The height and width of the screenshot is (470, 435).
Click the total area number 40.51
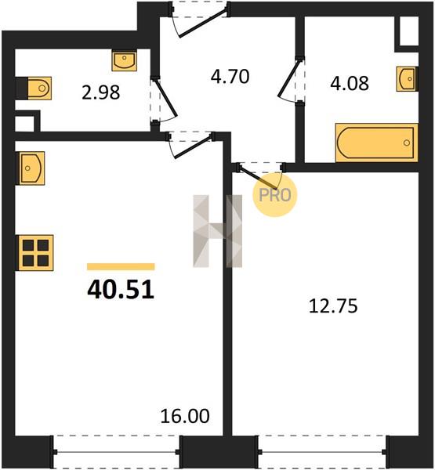(121, 290)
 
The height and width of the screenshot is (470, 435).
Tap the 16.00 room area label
(185, 416)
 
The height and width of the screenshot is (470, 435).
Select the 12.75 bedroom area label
(333, 306)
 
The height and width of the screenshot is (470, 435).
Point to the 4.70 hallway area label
(230, 77)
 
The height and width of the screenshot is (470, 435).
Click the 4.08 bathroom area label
(350, 83)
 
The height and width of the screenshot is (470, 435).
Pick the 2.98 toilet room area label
(101, 92)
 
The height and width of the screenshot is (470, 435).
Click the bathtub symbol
(377, 143)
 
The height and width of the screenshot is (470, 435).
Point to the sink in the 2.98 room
(125, 61)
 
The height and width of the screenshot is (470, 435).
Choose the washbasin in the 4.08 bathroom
(407, 78)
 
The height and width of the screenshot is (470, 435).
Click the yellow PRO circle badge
(274, 195)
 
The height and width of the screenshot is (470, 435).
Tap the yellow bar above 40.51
(121, 266)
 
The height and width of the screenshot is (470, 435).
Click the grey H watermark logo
(218, 231)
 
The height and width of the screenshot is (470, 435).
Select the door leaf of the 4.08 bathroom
(289, 78)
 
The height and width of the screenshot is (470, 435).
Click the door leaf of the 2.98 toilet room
(165, 98)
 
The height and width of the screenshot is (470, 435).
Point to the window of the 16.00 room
(116, 452)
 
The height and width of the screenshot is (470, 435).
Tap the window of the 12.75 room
(322, 452)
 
